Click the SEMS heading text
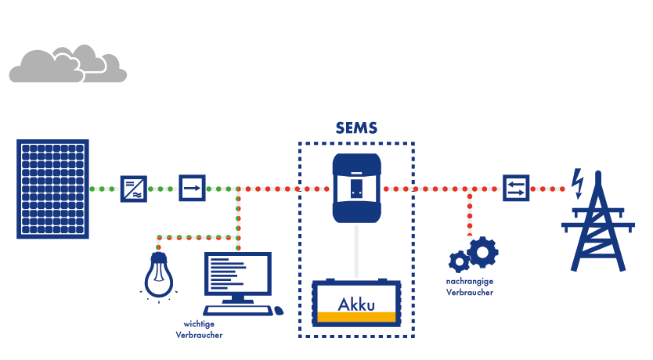pyautogui.click(x=356, y=128)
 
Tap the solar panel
pyautogui.click(x=52, y=188)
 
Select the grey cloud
pyautogui.click(x=67, y=65)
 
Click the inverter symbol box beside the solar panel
pyautogui.click(x=133, y=189)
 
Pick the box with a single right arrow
pyautogui.click(x=192, y=188)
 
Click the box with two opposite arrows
pyautogui.click(x=516, y=188)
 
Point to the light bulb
pyautogui.click(x=159, y=274)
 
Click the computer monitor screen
pyautogui.click(x=236, y=273)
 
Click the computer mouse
pyautogui.click(x=277, y=311)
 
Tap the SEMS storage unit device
pyautogui.click(x=356, y=188)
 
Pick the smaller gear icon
pyautogui.click(x=459, y=262)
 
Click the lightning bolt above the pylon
pyautogui.click(x=578, y=182)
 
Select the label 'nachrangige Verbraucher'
pyautogui.click(x=470, y=286)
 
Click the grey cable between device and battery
pyautogui.click(x=356, y=250)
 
